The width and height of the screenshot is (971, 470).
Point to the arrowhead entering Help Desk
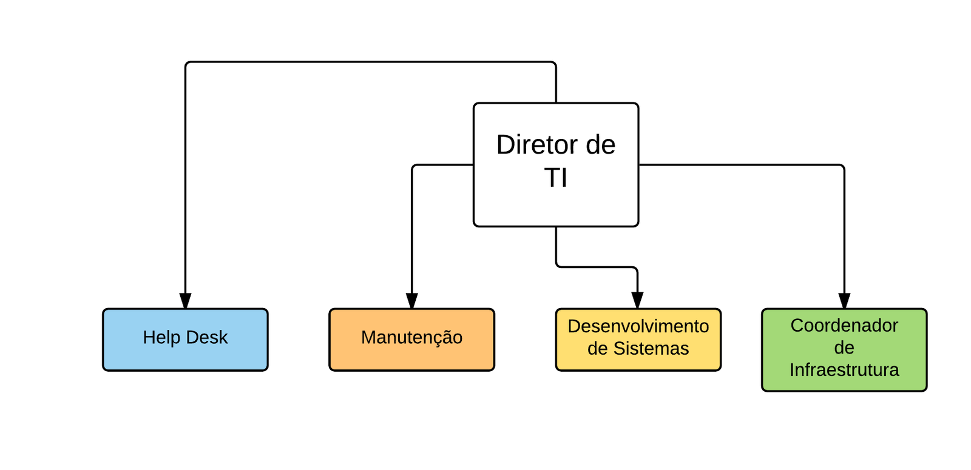185,301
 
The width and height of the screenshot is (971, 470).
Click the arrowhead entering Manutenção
412,301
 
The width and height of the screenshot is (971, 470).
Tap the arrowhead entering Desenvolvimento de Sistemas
637,300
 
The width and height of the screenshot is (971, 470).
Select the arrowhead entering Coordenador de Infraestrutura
844,301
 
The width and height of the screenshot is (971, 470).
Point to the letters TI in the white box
556,178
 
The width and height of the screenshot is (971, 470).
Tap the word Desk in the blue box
208,337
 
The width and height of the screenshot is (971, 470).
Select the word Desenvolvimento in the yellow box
638,326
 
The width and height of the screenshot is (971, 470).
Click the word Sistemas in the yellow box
651,349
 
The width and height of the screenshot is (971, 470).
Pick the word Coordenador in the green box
844,326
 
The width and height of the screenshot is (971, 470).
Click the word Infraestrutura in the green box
844,370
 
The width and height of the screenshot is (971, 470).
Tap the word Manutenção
411,337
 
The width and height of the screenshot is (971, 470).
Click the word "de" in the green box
844,348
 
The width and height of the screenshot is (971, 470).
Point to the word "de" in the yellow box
598,349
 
